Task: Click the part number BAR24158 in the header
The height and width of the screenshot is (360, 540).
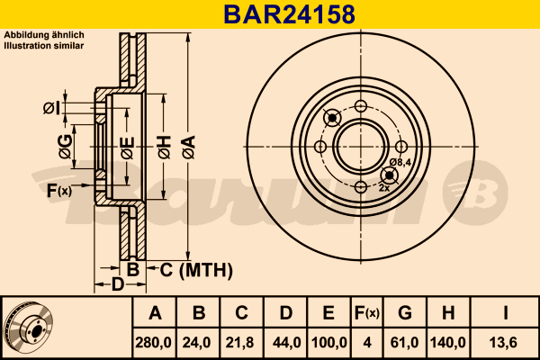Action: click(289, 14)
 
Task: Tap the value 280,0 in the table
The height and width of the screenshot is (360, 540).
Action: click(153, 343)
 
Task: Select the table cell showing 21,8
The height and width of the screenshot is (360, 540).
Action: click(239, 343)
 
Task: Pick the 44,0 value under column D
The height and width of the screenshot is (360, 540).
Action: click(286, 343)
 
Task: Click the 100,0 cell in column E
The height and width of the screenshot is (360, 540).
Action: click(328, 343)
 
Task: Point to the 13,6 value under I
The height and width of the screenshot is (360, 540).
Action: click(503, 343)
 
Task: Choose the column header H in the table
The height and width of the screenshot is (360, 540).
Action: click(448, 313)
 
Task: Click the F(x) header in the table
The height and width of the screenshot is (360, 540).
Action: click(367, 313)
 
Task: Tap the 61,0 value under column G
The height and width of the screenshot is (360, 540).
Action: click(404, 343)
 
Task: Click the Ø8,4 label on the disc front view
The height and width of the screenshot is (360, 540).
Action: click(400, 162)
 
